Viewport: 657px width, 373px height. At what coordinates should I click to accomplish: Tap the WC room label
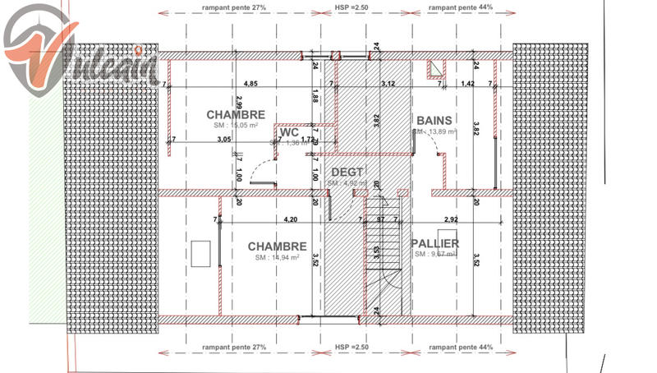(288, 131)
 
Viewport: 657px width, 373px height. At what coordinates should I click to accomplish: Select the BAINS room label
(435, 120)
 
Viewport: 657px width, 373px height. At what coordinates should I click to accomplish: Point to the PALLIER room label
(434, 243)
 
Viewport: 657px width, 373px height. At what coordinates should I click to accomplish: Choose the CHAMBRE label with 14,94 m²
(277, 246)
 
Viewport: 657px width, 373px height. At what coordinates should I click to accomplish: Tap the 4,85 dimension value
(251, 84)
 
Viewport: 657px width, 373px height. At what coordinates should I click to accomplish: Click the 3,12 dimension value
(388, 84)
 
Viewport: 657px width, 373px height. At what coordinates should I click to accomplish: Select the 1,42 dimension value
(467, 84)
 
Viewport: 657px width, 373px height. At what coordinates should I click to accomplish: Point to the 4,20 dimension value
(290, 219)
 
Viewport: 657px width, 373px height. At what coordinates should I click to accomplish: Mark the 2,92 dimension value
(450, 219)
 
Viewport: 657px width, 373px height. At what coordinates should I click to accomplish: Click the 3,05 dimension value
(223, 140)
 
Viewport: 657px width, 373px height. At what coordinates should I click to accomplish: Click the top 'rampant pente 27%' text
(233, 7)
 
